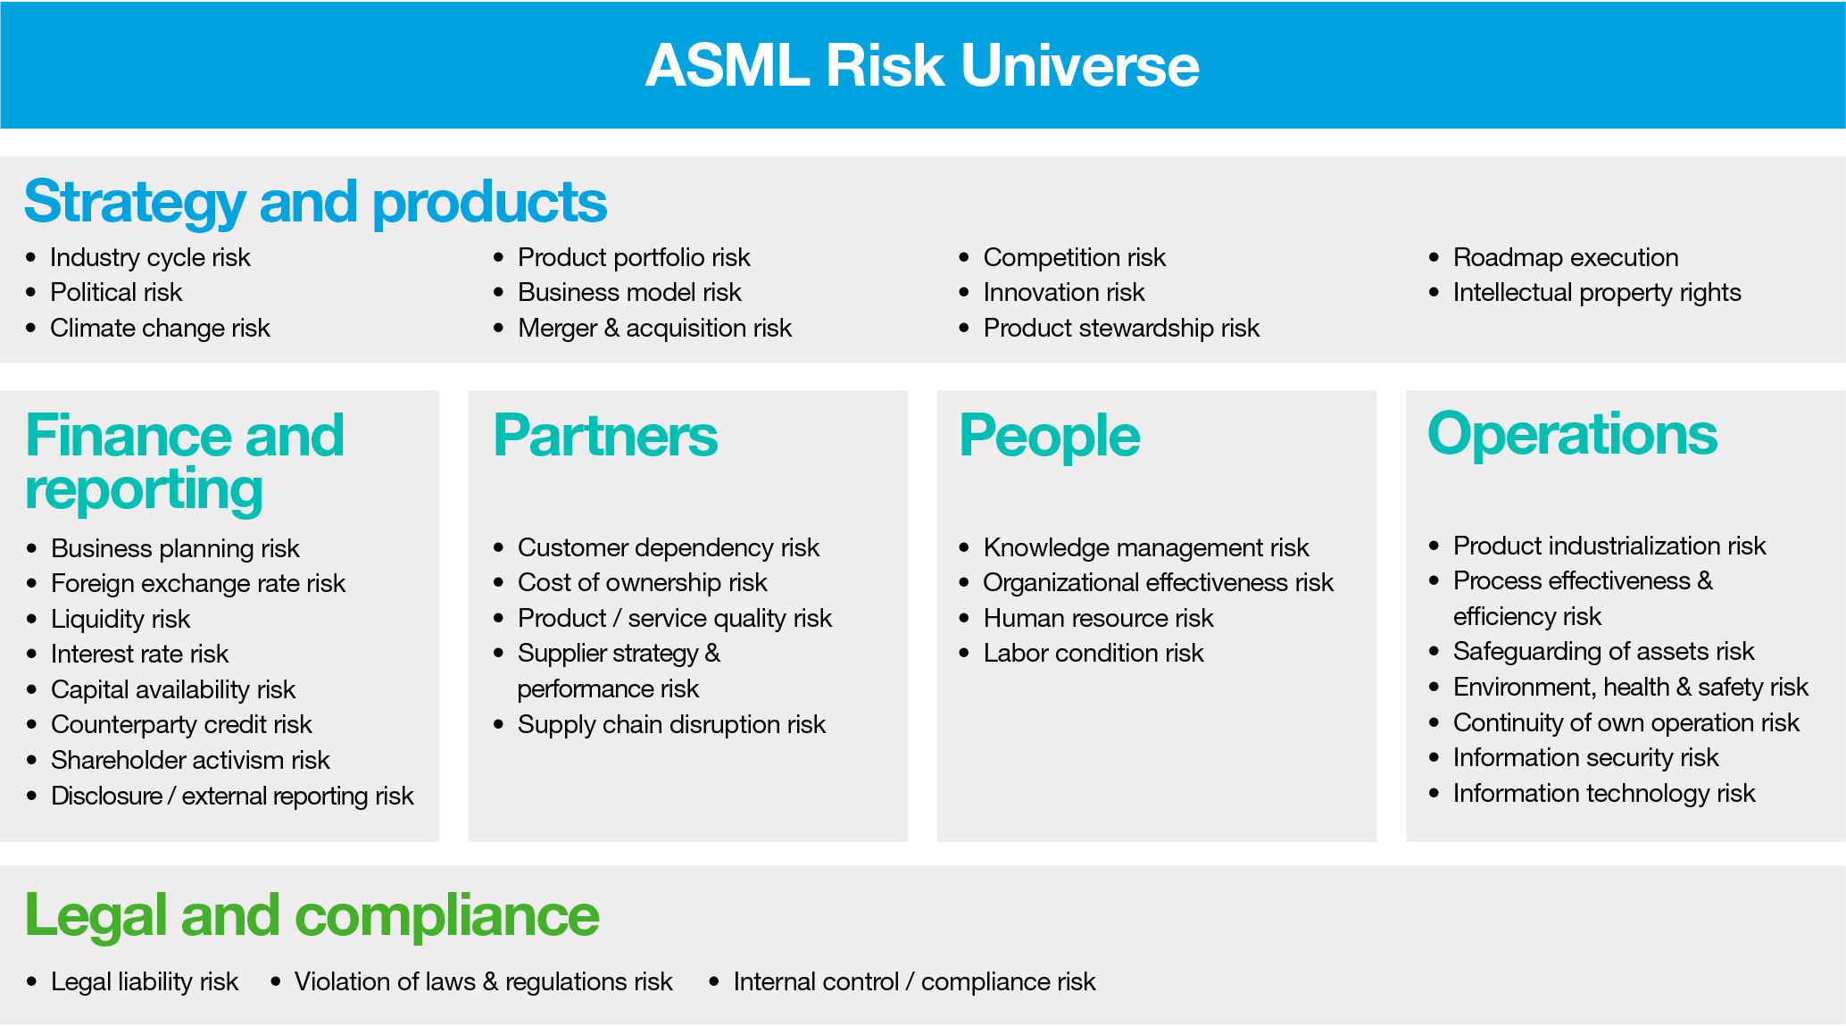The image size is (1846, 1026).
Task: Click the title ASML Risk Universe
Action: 922,65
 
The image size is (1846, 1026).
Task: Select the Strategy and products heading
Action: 315,201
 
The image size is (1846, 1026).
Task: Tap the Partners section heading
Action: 605,436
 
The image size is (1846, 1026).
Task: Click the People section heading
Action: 1049,436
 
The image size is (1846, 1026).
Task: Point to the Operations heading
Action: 1572,434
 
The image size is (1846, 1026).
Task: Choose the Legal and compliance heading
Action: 312,915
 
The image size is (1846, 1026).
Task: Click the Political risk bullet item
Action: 116,292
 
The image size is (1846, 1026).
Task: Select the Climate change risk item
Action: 160,328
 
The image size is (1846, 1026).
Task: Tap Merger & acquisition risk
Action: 654,328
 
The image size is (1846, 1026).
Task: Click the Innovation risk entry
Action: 1063,292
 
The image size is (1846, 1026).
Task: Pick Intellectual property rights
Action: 1596,292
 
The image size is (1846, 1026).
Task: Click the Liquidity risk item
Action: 121,619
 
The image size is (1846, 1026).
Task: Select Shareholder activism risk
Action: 190,760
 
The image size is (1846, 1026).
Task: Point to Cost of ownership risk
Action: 642,582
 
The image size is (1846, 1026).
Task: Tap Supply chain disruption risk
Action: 671,724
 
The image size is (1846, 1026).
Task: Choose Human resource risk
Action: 1098,618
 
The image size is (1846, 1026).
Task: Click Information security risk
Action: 1585,757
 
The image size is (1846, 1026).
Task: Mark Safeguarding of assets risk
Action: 1603,651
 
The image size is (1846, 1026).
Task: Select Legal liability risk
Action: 145,981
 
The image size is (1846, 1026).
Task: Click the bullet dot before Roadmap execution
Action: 1434,257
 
